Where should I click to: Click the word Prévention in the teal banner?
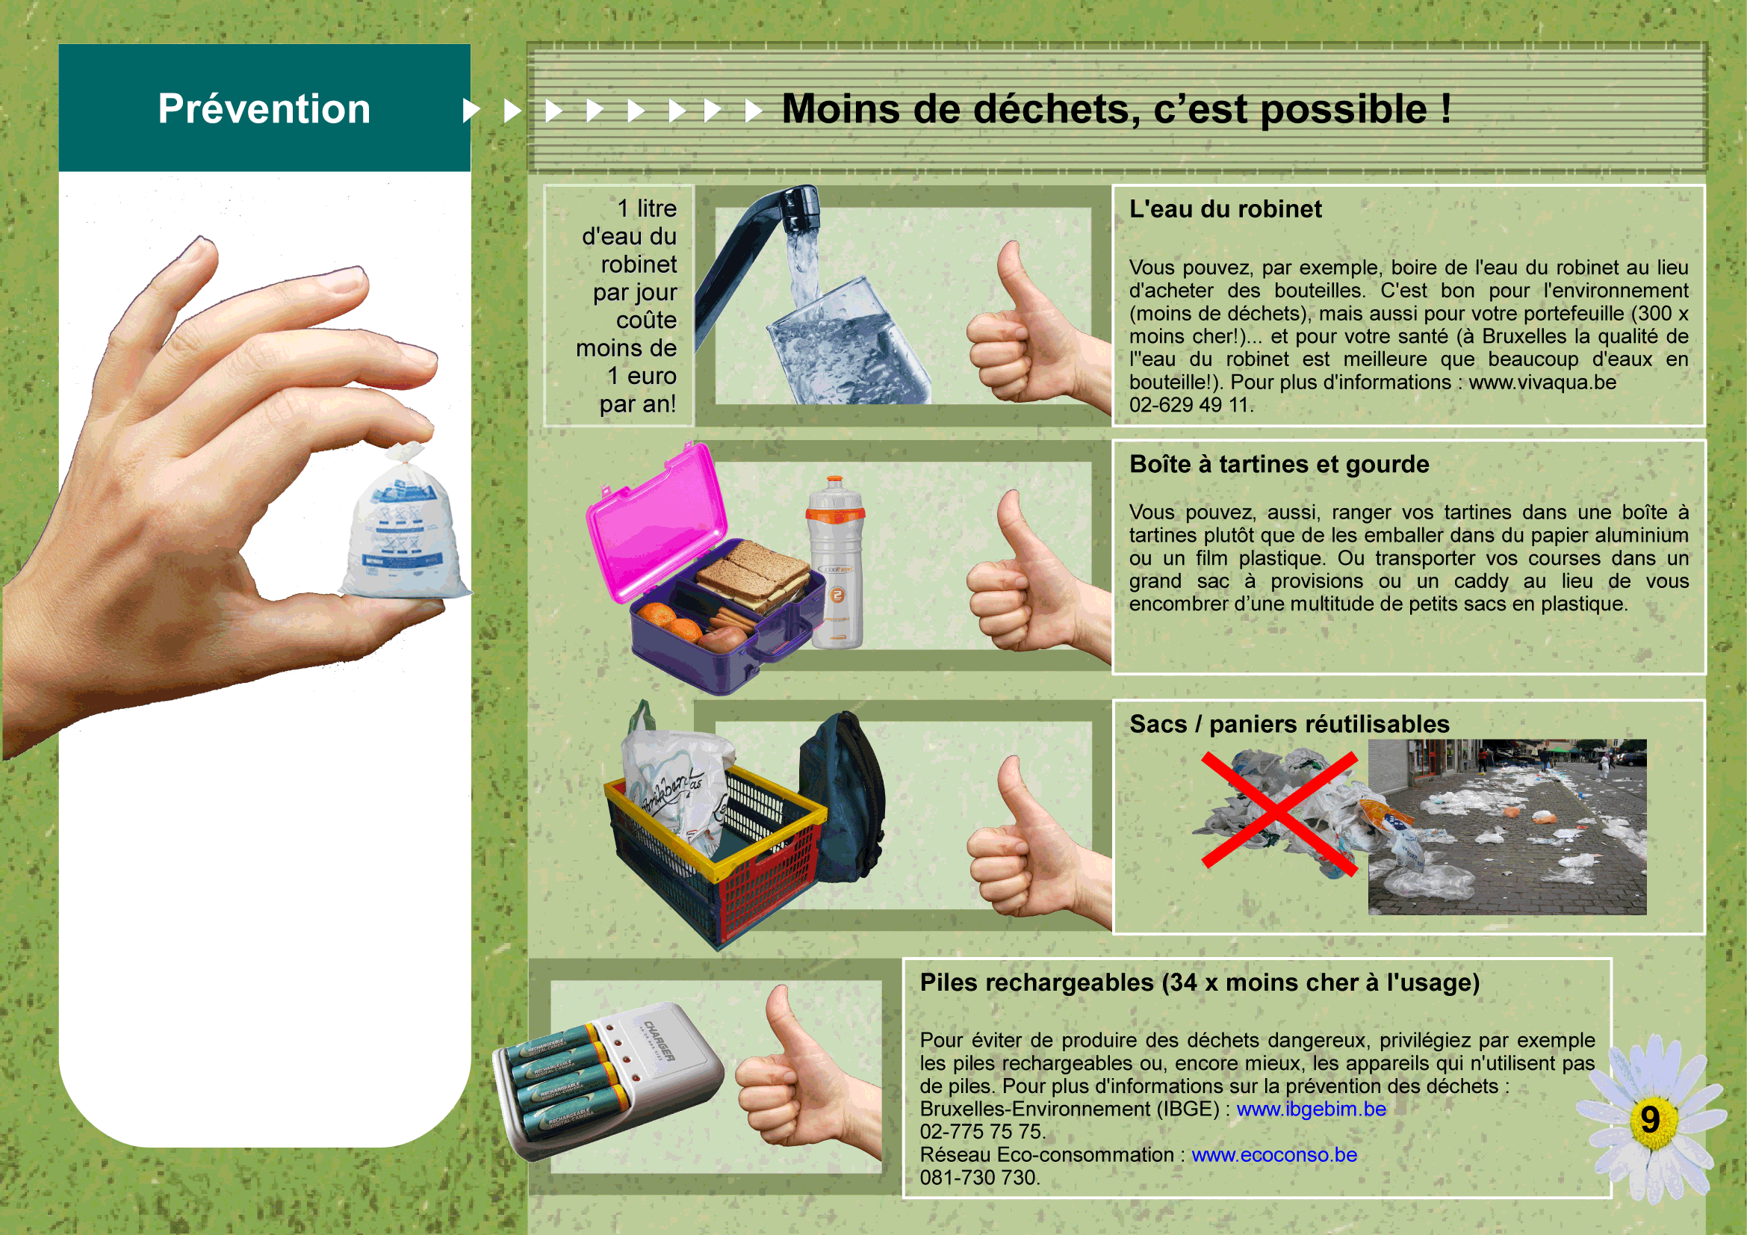pyautogui.click(x=264, y=108)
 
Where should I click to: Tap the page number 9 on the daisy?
pyautogui.click(x=1650, y=1119)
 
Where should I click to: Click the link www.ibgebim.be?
pyautogui.click(x=1311, y=1109)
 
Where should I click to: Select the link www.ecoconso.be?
pyautogui.click(x=1274, y=1154)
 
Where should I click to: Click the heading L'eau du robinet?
pyautogui.click(x=1225, y=208)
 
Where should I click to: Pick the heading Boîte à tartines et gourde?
pyautogui.click(x=1279, y=463)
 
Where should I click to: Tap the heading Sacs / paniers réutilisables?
pyautogui.click(x=1290, y=724)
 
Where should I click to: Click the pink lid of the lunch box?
pyautogui.click(x=656, y=524)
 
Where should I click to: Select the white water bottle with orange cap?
pyautogui.click(x=836, y=563)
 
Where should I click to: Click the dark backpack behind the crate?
pyautogui.click(x=843, y=797)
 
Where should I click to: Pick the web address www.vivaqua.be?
pyautogui.click(x=1542, y=381)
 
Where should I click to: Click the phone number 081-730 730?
pyautogui.click(x=979, y=1177)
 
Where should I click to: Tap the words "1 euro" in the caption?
pyautogui.click(x=642, y=376)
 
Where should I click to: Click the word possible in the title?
pyautogui.click(x=1344, y=110)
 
